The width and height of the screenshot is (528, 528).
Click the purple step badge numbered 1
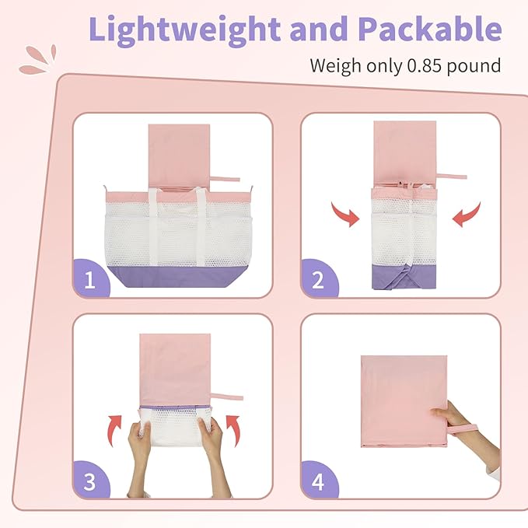tap(91, 278)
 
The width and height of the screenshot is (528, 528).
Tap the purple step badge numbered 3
tap(91, 480)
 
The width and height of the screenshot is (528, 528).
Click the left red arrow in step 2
tap(346, 215)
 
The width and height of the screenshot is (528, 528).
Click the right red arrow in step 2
tap(467, 215)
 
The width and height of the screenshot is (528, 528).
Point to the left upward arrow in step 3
tap(114, 430)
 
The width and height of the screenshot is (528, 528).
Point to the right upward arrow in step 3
tap(233, 430)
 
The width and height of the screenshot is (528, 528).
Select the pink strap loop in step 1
tap(225, 179)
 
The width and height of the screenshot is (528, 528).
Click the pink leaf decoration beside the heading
tap(37, 60)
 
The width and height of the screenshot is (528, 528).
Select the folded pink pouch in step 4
tap(404, 401)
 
